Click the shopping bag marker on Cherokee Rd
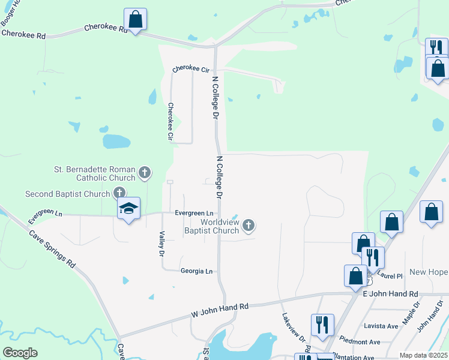click(136, 20)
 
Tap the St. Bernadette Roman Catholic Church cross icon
click(144, 173)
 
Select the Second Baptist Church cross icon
click(119, 193)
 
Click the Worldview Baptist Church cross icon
click(249, 226)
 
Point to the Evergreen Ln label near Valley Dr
click(194, 213)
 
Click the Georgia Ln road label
click(196, 271)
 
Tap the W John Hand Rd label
click(220, 310)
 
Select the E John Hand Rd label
click(390, 294)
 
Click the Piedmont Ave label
click(363, 342)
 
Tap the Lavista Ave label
click(381, 326)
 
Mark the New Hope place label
click(429, 272)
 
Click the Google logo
click(19, 353)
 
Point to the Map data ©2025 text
click(423, 355)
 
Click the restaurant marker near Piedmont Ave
click(322, 326)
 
